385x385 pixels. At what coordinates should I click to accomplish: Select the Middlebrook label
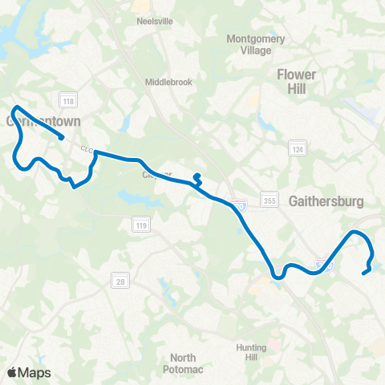tap(168, 82)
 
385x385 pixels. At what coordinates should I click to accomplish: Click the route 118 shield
tap(67, 99)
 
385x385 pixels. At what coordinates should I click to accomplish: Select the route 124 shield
tap(297, 149)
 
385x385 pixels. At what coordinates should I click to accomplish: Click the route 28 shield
tap(117, 280)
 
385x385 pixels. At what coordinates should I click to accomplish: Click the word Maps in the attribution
tap(34, 372)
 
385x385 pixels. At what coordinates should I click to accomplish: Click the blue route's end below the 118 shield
tap(62, 138)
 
